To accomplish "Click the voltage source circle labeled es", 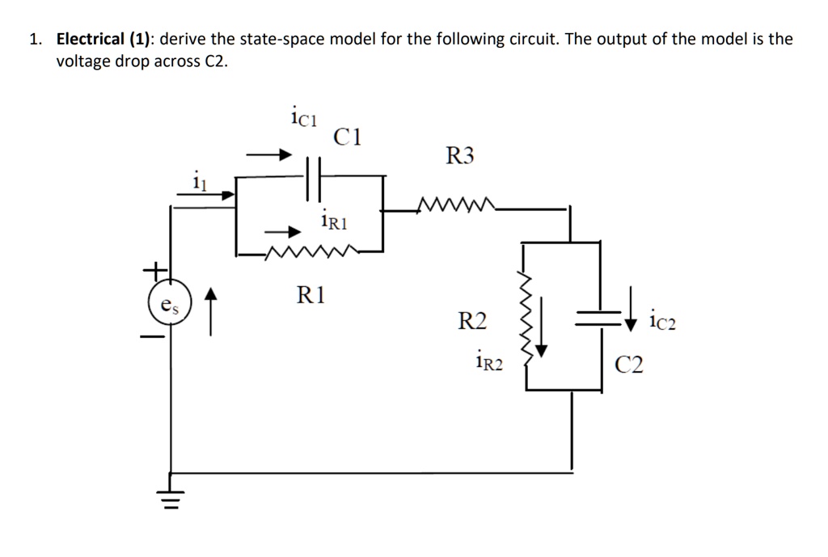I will pyautogui.click(x=168, y=306).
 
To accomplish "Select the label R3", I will pyautogui.click(x=461, y=156).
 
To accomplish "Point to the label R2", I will pyautogui.click(x=473, y=322).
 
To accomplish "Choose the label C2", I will pyautogui.click(x=629, y=365).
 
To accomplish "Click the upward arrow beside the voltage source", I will pyautogui.click(x=211, y=312).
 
